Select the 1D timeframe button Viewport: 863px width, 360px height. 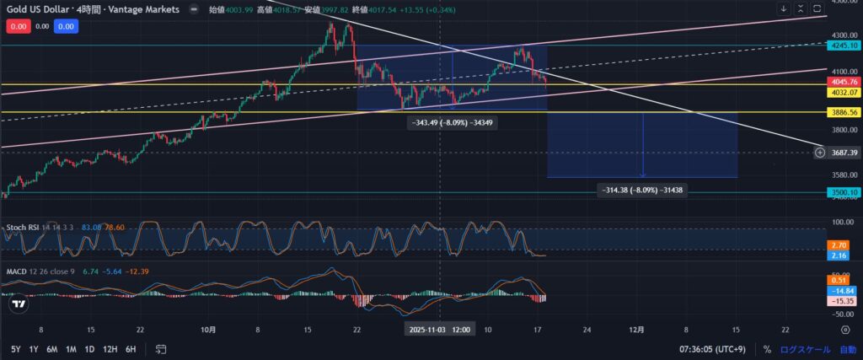[90, 349]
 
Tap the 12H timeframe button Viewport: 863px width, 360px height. [110, 349]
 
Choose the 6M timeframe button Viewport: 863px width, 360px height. [52, 349]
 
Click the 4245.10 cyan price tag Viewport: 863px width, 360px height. [844, 46]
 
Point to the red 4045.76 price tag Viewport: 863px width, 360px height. [844, 82]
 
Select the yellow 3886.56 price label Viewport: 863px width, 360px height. [844, 112]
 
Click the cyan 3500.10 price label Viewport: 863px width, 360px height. [844, 192]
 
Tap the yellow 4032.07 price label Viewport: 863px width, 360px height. [844, 93]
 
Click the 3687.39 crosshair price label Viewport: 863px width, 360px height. [844, 153]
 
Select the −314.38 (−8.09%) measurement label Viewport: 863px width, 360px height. [641, 191]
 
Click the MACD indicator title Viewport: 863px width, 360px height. [18, 272]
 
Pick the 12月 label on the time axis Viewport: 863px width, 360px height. [638, 329]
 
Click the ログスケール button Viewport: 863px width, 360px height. [801, 349]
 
